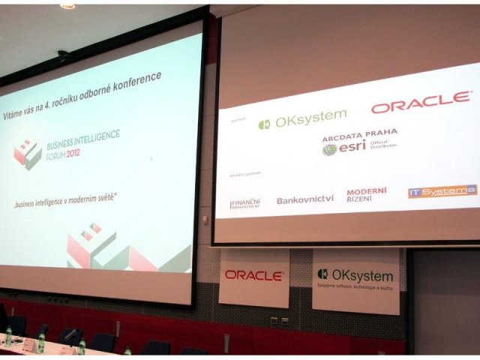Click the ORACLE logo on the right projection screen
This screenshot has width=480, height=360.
(x=421, y=103)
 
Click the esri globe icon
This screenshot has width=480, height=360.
(x=330, y=149)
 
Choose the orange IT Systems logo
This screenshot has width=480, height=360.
(x=442, y=191)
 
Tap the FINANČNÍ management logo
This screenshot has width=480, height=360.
(x=245, y=202)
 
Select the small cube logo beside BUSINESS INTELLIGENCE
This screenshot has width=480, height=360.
(x=28, y=153)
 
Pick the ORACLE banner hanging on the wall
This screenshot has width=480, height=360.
(x=253, y=276)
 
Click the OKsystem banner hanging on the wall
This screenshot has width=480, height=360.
(x=355, y=280)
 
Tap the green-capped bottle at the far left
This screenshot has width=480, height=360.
(x=7, y=335)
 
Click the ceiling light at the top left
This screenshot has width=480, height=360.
(x=67, y=6)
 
